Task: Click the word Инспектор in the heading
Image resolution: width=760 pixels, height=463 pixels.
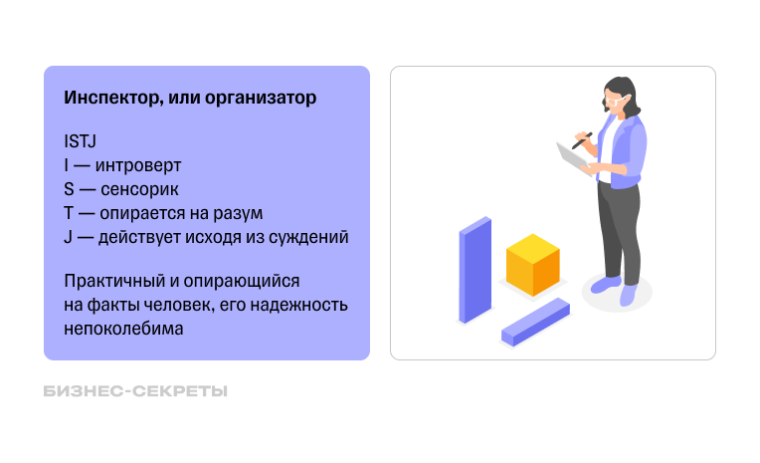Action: pos(109,99)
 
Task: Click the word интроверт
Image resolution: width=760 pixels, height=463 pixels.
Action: pos(140,165)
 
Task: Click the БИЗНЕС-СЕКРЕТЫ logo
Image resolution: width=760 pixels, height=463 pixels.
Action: pos(135,391)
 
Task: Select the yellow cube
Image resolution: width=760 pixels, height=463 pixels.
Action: pos(533,265)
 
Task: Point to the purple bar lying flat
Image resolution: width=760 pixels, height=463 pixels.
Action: pos(534,322)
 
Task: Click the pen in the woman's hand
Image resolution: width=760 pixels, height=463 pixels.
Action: pos(583,140)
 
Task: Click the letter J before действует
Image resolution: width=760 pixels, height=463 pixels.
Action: pos(67,237)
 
